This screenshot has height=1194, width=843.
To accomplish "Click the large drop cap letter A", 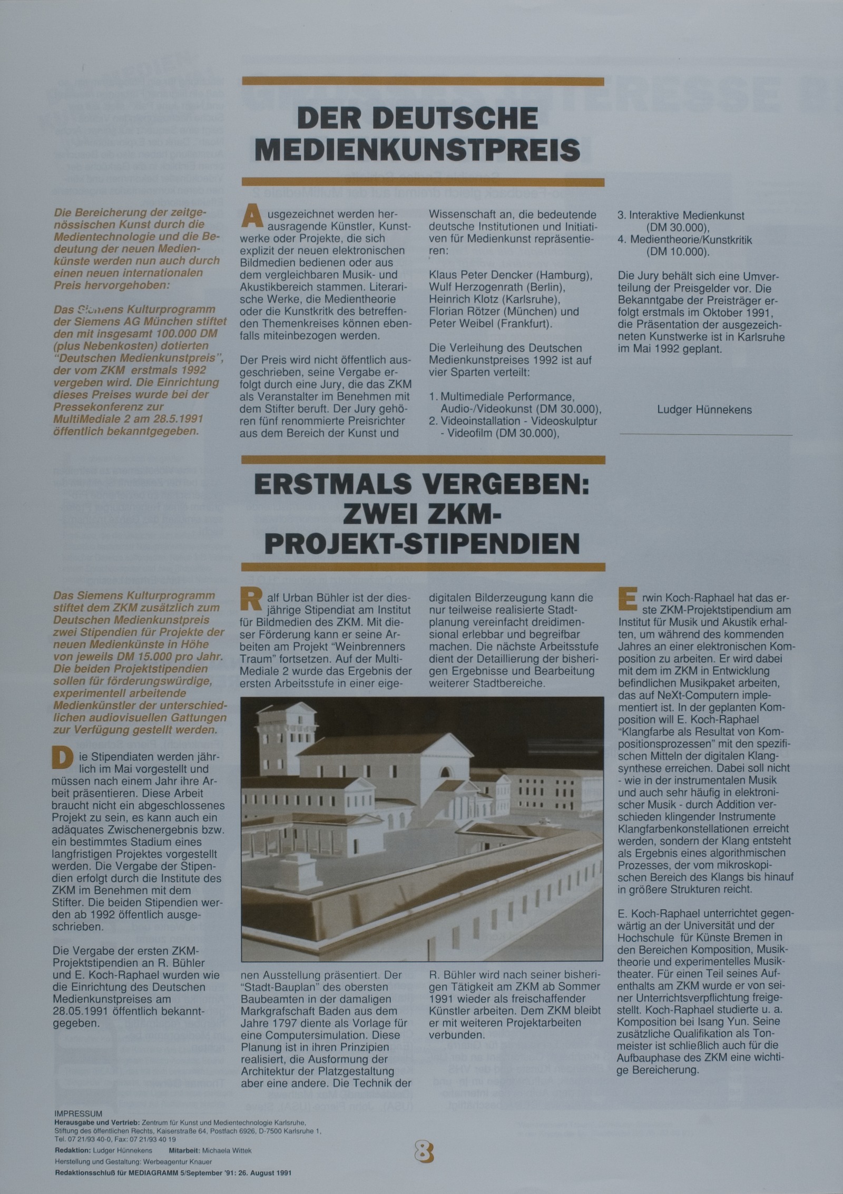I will [x=251, y=218].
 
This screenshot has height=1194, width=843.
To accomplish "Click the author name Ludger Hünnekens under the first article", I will [x=704, y=410].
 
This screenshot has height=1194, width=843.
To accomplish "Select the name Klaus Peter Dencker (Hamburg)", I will [x=510, y=275].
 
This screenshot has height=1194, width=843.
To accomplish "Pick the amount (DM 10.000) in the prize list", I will [x=678, y=252].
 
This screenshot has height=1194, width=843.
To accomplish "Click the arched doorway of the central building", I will [x=446, y=773].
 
